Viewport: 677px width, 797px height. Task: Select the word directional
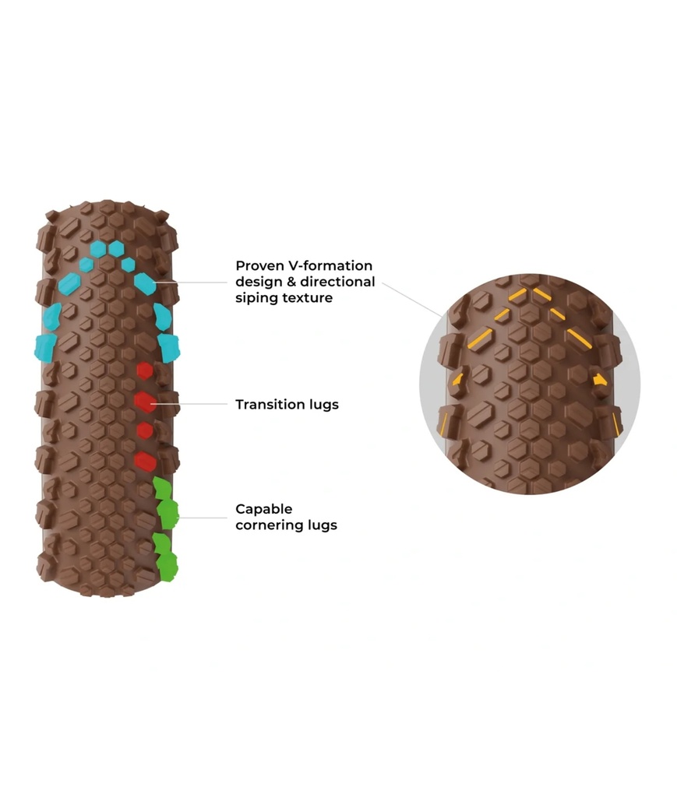pos(338,282)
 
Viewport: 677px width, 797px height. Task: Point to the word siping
pos(257,298)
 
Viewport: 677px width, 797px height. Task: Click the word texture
pos(308,298)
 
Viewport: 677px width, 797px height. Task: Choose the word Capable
pos(264,509)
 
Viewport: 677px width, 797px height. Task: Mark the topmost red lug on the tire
pos(144,370)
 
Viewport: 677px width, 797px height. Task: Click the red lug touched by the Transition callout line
pos(145,402)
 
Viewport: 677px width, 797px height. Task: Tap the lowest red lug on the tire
pos(145,462)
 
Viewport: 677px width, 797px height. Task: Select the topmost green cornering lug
pos(162,489)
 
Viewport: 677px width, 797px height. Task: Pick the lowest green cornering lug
pos(166,567)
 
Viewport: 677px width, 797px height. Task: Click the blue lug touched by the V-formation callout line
pos(145,283)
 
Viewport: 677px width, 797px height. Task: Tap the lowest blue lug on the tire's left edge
pos(45,348)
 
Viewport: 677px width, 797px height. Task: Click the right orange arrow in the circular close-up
pos(600,380)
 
